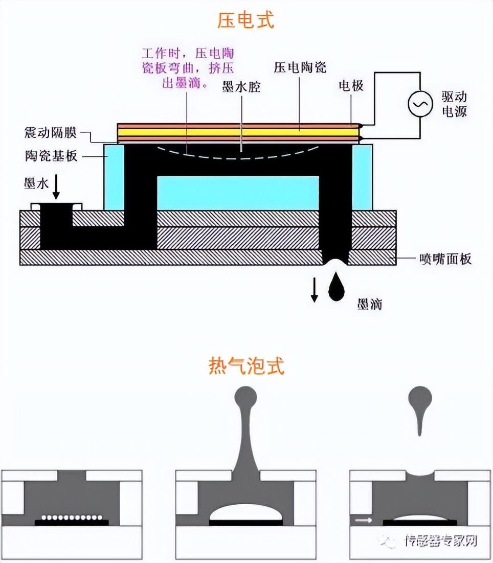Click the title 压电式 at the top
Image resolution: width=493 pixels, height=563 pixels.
246,20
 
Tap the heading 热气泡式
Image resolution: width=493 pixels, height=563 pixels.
246,366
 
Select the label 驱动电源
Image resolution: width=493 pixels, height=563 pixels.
454,104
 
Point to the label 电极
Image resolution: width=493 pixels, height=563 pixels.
351,85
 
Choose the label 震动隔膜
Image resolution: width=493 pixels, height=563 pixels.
50,133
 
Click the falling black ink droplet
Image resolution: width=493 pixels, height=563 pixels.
336,287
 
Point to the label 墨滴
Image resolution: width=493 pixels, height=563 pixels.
369,305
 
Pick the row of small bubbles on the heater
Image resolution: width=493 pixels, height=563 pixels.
72,517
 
